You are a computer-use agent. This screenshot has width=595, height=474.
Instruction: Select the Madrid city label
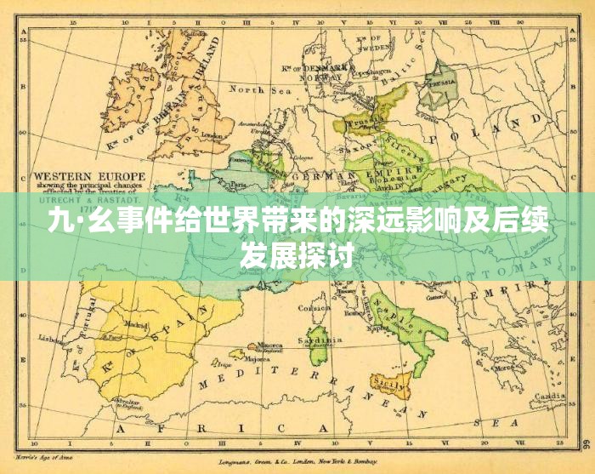pos(136,324)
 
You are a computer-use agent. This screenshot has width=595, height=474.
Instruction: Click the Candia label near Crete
pos(551,397)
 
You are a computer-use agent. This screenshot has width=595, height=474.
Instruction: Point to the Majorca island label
pos(258,358)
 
